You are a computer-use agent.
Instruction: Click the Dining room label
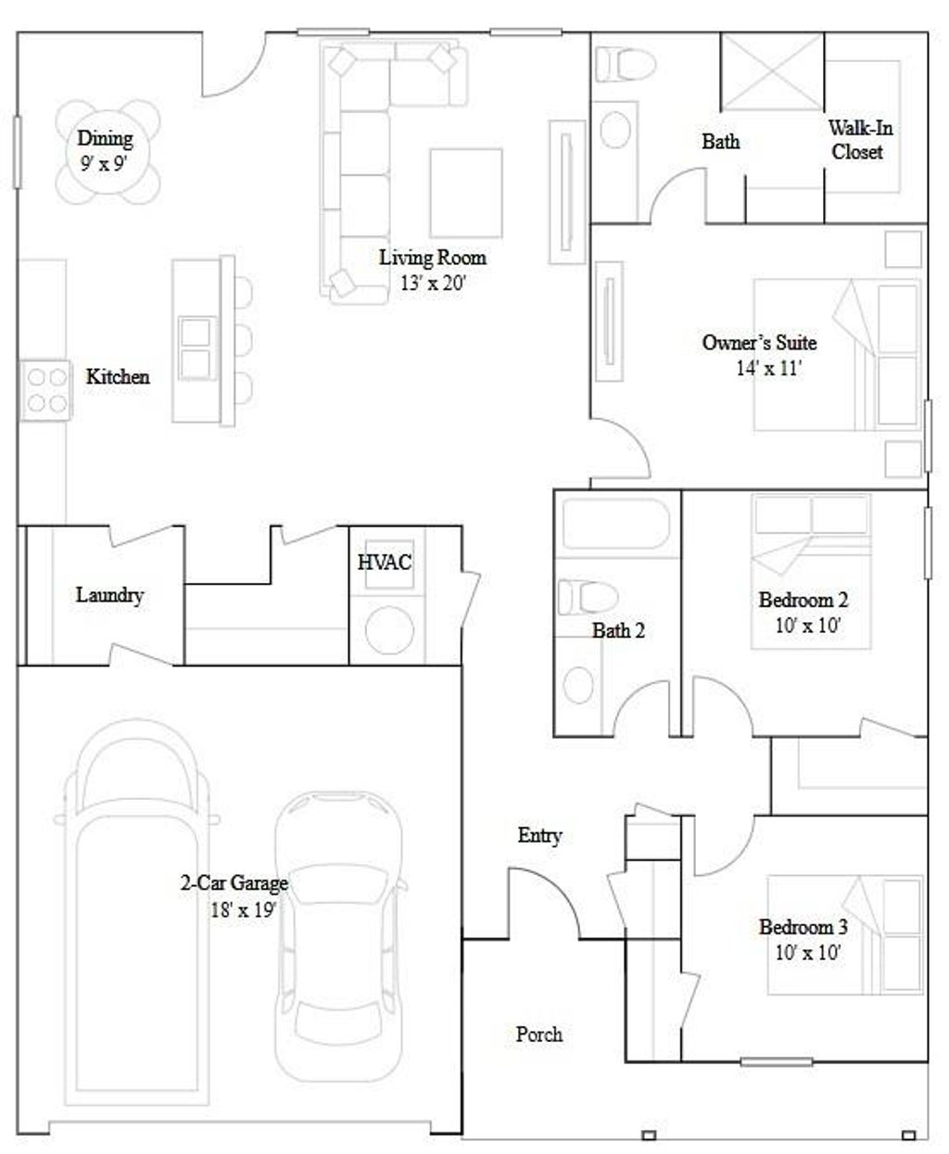pyautogui.click(x=105, y=139)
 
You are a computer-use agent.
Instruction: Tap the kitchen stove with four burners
pyautogui.click(x=44, y=389)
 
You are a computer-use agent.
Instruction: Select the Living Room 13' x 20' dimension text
pyautogui.click(x=432, y=283)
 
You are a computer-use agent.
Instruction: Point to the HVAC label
pyautogui.click(x=385, y=562)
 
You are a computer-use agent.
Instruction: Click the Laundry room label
pyautogui.click(x=109, y=595)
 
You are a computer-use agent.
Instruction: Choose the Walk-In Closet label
pyautogui.click(x=859, y=140)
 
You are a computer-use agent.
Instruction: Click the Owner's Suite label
pyautogui.click(x=759, y=343)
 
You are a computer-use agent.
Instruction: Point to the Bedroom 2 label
pyautogui.click(x=803, y=600)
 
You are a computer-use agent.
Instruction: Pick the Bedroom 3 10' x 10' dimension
pyautogui.click(x=807, y=951)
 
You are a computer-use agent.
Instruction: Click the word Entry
pyautogui.click(x=539, y=836)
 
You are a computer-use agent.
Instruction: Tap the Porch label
pyautogui.click(x=538, y=1034)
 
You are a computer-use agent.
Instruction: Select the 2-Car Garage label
pyautogui.click(x=234, y=883)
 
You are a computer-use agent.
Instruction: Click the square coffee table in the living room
pyautogui.click(x=466, y=192)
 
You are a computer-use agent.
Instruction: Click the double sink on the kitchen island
pyautogui.click(x=195, y=348)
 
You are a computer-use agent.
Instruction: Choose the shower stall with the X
pyautogui.click(x=772, y=70)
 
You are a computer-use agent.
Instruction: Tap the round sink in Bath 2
pyautogui.click(x=579, y=684)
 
